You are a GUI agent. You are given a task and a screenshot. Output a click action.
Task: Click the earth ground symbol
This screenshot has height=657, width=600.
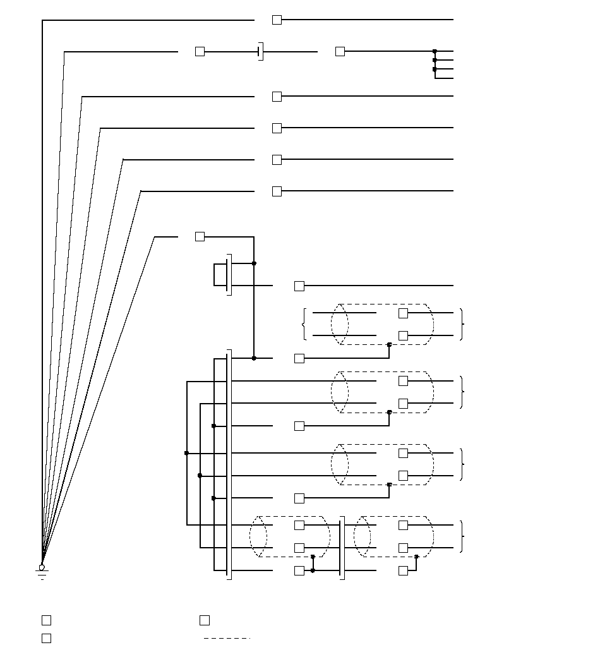click(x=42, y=574)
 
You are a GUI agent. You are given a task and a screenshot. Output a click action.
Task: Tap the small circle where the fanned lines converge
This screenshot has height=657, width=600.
click(x=42, y=567)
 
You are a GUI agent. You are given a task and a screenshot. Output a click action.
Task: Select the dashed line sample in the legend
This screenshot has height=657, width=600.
click(x=227, y=638)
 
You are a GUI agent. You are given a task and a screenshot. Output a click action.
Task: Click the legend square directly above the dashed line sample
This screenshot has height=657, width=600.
click(x=205, y=620)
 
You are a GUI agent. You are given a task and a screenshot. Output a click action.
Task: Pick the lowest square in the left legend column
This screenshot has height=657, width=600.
click(x=46, y=638)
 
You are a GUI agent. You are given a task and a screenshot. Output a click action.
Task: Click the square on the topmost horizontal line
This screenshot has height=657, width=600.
click(x=277, y=20)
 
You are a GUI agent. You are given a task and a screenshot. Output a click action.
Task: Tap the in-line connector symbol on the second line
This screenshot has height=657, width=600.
click(x=260, y=51)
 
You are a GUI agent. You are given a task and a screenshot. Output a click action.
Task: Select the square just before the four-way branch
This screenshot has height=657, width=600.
click(x=340, y=51)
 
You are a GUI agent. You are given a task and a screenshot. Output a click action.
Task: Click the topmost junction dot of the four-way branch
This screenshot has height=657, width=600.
click(x=435, y=51)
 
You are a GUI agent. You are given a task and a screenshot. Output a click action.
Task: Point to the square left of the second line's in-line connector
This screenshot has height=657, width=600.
click(x=200, y=51)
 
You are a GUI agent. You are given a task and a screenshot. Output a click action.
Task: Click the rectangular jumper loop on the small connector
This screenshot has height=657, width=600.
click(x=220, y=274)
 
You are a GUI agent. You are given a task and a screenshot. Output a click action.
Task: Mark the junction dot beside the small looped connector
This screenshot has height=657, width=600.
click(x=254, y=263)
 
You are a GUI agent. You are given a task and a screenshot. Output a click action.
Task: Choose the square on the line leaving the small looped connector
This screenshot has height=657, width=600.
click(x=299, y=286)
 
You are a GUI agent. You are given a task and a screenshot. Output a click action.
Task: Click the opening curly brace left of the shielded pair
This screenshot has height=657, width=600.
click(x=304, y=324)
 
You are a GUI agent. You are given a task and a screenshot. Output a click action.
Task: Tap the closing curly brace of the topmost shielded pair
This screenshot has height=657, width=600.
click(x=463, y=324)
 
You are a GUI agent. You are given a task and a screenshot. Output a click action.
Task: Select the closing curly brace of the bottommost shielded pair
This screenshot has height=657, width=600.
click(x=463, y=536)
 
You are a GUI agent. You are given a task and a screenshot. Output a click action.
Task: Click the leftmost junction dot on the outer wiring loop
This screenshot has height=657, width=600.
click(x=186, y=453)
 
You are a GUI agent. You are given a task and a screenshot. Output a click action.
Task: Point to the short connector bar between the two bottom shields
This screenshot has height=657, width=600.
click(x=342, y=548)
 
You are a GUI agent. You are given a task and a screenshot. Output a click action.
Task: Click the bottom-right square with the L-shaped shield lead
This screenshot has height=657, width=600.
click(x=403, y=570)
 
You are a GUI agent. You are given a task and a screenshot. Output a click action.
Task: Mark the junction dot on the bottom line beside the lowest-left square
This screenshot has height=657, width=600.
click(x=313, y=570)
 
